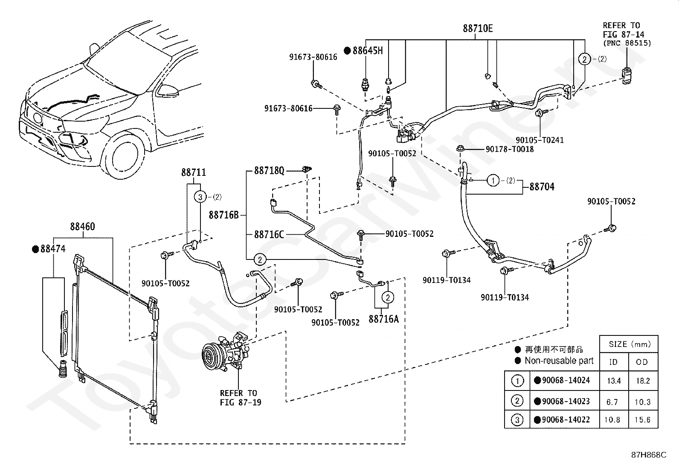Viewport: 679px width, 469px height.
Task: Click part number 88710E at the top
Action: (478, 29)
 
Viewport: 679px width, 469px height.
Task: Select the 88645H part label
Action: (367, 51)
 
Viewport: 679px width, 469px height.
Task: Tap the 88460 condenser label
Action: (82, 226)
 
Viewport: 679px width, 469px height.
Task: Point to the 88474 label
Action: (53, 249)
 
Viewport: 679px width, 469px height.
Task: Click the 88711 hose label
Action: (193, 172)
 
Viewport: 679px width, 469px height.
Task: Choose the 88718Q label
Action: (269, 171)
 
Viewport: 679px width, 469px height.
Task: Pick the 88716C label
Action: (269, 234)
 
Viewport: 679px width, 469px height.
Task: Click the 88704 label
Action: (542, 186)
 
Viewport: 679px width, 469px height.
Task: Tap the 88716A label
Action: (383, 319)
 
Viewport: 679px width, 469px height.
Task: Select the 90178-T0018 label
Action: (510, 149)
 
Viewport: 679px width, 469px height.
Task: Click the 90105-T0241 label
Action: (540, 140)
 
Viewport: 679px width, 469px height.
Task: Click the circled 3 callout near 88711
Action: (200, 197)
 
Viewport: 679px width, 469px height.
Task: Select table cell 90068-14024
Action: (566, 380)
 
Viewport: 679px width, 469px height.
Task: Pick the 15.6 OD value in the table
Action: (643, 419)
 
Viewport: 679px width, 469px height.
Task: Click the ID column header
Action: (613, 362)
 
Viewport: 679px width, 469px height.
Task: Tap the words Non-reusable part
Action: (559, 361)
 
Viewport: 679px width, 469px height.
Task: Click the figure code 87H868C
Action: (649, 455)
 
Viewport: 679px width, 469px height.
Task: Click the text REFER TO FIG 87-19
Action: (241, 397)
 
